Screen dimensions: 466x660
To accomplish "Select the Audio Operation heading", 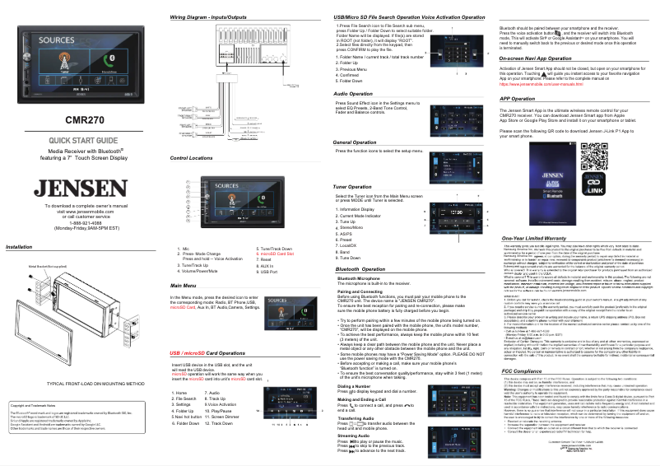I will [356, 94].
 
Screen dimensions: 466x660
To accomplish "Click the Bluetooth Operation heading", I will [361, 268].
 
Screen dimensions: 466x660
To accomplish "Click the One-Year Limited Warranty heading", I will [545, 239].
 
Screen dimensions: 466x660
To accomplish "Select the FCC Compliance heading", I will [526, 371].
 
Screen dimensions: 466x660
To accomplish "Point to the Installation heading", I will [19, 247].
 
